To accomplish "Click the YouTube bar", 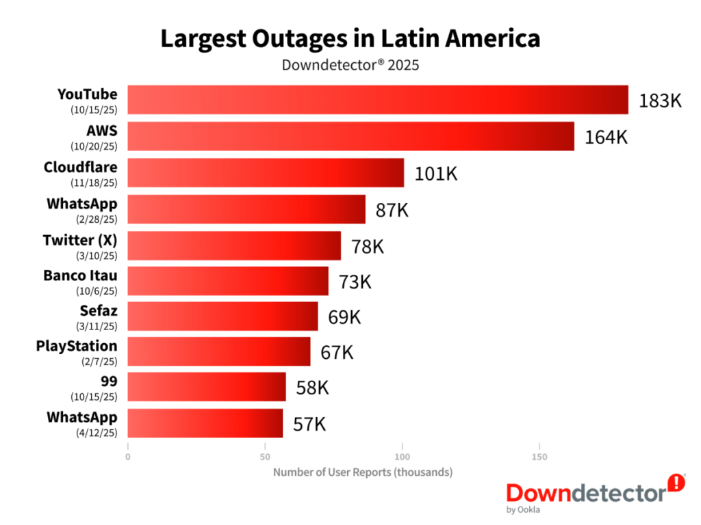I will pos(378,100).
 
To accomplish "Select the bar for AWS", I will pos(350,136).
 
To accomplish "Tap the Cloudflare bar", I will pos(266,172).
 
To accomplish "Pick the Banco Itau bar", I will pos(228,281).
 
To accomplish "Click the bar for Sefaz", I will pos(222,317).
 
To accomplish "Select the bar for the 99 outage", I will pos(207,387).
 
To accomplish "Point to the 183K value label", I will pos(660,100).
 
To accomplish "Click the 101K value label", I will pos(435,173).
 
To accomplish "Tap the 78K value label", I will pos(368,246).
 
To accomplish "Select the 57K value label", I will pos(309,424).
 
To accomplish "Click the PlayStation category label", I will pos(77,346).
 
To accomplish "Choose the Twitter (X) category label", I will pos(79,240).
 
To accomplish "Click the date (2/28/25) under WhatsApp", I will pos(94,219).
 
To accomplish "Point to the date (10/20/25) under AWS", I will pos(94,146).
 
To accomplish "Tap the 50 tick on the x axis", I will pos(265,457).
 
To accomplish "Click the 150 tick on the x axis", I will pos(539,457).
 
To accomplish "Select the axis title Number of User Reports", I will pos(363,472).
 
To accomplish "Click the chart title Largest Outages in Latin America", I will pos(350,39).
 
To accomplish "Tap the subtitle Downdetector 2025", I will pos(350,66).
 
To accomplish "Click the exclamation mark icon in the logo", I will pos(676,483).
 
